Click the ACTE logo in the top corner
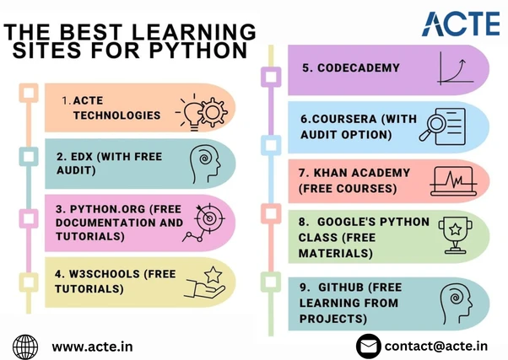pos(457,24)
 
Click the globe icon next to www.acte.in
pos(26,346)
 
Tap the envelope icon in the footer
pos(367,346)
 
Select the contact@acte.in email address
pos(435,346)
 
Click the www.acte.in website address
pos(92,346)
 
